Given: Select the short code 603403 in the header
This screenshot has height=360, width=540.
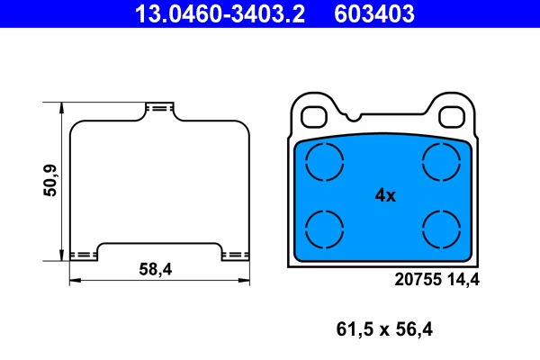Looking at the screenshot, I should [374, 13].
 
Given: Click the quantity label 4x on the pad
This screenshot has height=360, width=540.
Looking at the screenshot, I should [384, 194].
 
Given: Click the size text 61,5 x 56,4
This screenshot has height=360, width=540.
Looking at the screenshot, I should [385, 329].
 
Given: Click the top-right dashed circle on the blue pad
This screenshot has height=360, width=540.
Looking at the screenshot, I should [443, 163].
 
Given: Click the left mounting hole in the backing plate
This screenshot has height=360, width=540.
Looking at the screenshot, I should [315, 117].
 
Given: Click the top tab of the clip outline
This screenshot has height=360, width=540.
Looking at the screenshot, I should [159, 109].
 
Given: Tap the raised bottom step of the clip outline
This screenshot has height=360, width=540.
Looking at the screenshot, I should [159, 246].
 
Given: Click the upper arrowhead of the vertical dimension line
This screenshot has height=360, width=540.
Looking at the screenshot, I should [62, 105].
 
